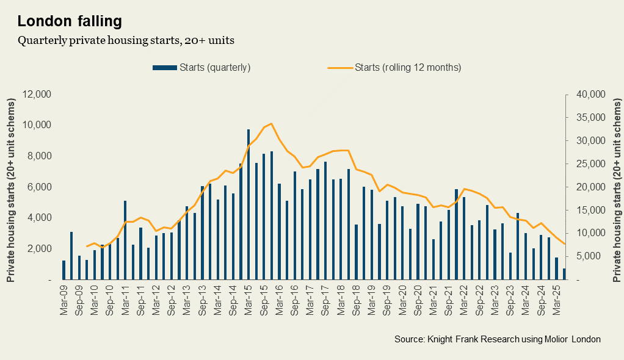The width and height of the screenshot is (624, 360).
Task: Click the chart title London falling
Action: [x=70, y=21]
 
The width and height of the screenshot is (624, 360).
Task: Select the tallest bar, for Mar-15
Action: [x=249, y=204]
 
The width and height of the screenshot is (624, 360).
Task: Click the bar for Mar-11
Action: [x=125, y=240]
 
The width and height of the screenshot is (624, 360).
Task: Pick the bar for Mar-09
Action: [x=63, y=270]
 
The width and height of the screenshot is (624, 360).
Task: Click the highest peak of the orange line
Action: [x=271, y=123]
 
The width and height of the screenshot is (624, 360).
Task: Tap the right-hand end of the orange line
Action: [x=564, y=244]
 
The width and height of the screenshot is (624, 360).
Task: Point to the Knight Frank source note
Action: [x=497, y=339]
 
